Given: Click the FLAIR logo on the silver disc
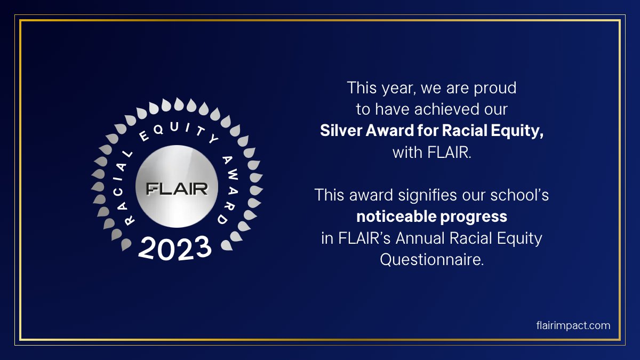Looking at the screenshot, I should click(177, 188).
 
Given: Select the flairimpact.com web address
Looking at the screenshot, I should click(573, 325).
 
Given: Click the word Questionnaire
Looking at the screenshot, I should click(431, 260).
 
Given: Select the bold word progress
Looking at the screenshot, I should click(481, 217).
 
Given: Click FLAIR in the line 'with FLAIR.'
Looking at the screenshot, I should click(449, 153).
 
